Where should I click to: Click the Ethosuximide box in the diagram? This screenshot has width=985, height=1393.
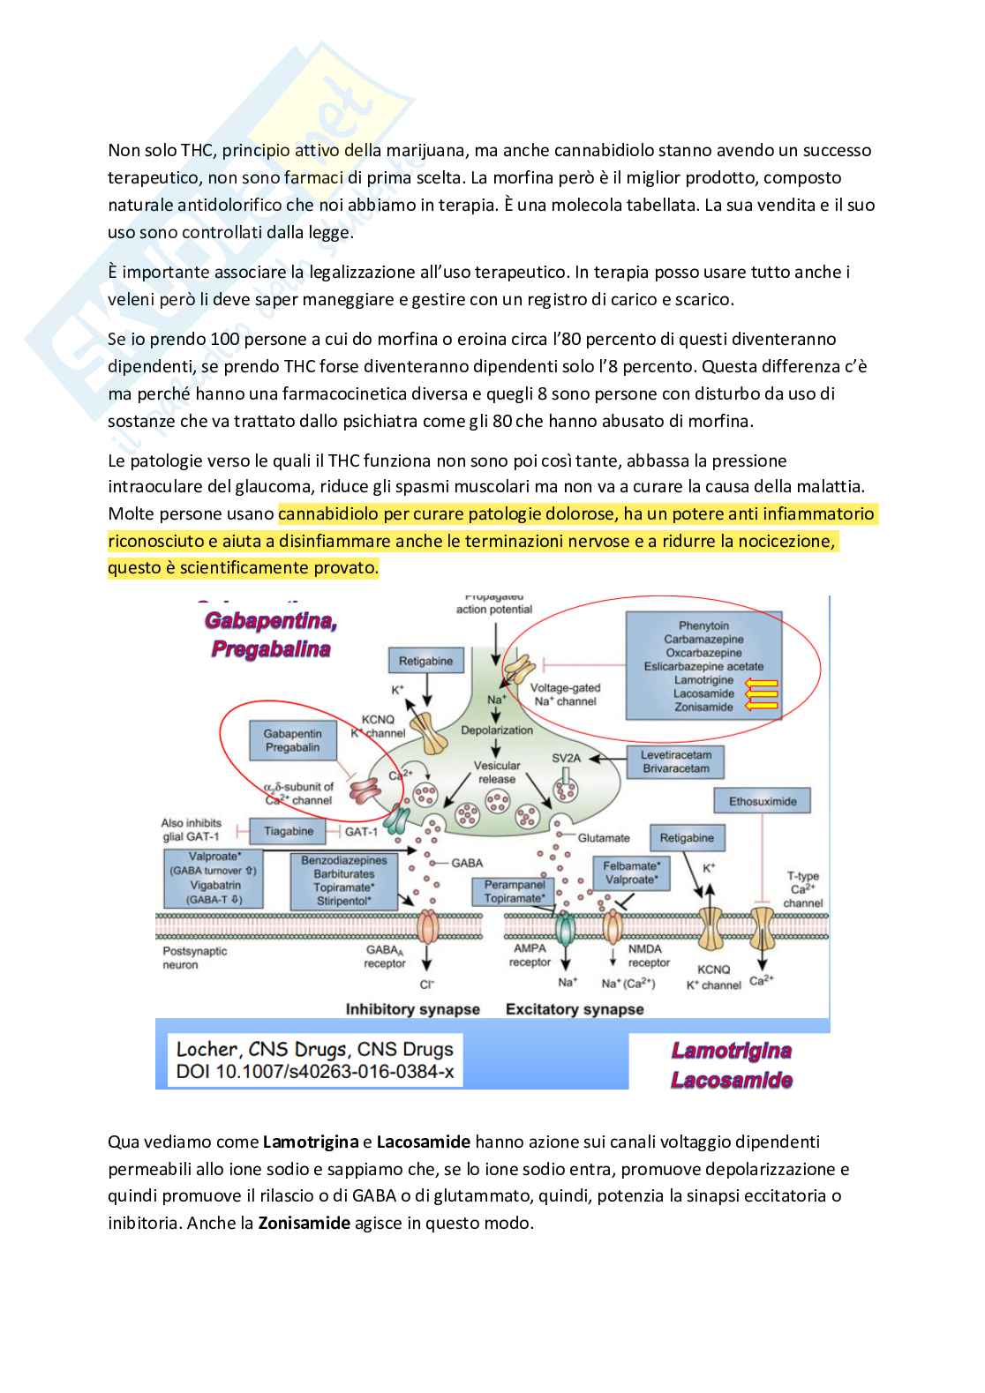pyautogui.click(x=762, y=801)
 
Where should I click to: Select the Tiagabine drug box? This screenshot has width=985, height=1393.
pyautogui.click(x=288, y=831)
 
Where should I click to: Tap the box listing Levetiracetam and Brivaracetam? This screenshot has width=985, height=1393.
pyautogui.click(x=675, y=761)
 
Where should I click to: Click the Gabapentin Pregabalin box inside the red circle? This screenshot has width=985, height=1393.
pyautogui.click(x=292, y=740)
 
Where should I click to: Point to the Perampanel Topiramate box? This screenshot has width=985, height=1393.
pyautogui.click(x=515, y=891)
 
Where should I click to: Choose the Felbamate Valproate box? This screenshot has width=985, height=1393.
pyautogui.click(x=631, y=872)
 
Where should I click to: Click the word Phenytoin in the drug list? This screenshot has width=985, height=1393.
pyautogui.click(x=703, y=625)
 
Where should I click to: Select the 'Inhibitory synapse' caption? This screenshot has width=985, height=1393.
pyautogui.click(x=412, y=1009)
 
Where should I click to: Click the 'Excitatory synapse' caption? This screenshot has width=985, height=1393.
pyautogui.click(x=575, y=1009)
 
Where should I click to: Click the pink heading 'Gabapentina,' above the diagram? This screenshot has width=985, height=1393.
pyautogui.click(x=271, y=621)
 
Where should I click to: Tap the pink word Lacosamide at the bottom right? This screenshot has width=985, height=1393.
pyautogui.click(x=731, y=1081)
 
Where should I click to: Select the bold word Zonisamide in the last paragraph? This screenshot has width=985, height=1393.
pyautogui.click(x=304, y=1223)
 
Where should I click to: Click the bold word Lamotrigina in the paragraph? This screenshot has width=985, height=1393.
pyautogui.click(x=311, y=1142)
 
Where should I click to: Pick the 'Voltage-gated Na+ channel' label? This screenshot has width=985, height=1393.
pyautogui.click(x=565, y=694)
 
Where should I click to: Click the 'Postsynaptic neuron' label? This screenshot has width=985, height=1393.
pyautogui.click(x=194, y=958)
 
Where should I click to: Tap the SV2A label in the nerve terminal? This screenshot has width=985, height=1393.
pyautogui.click(x=567, y=758)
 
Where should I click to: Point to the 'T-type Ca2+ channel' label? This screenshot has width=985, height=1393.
pyautogui.click(x=802, y=889)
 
